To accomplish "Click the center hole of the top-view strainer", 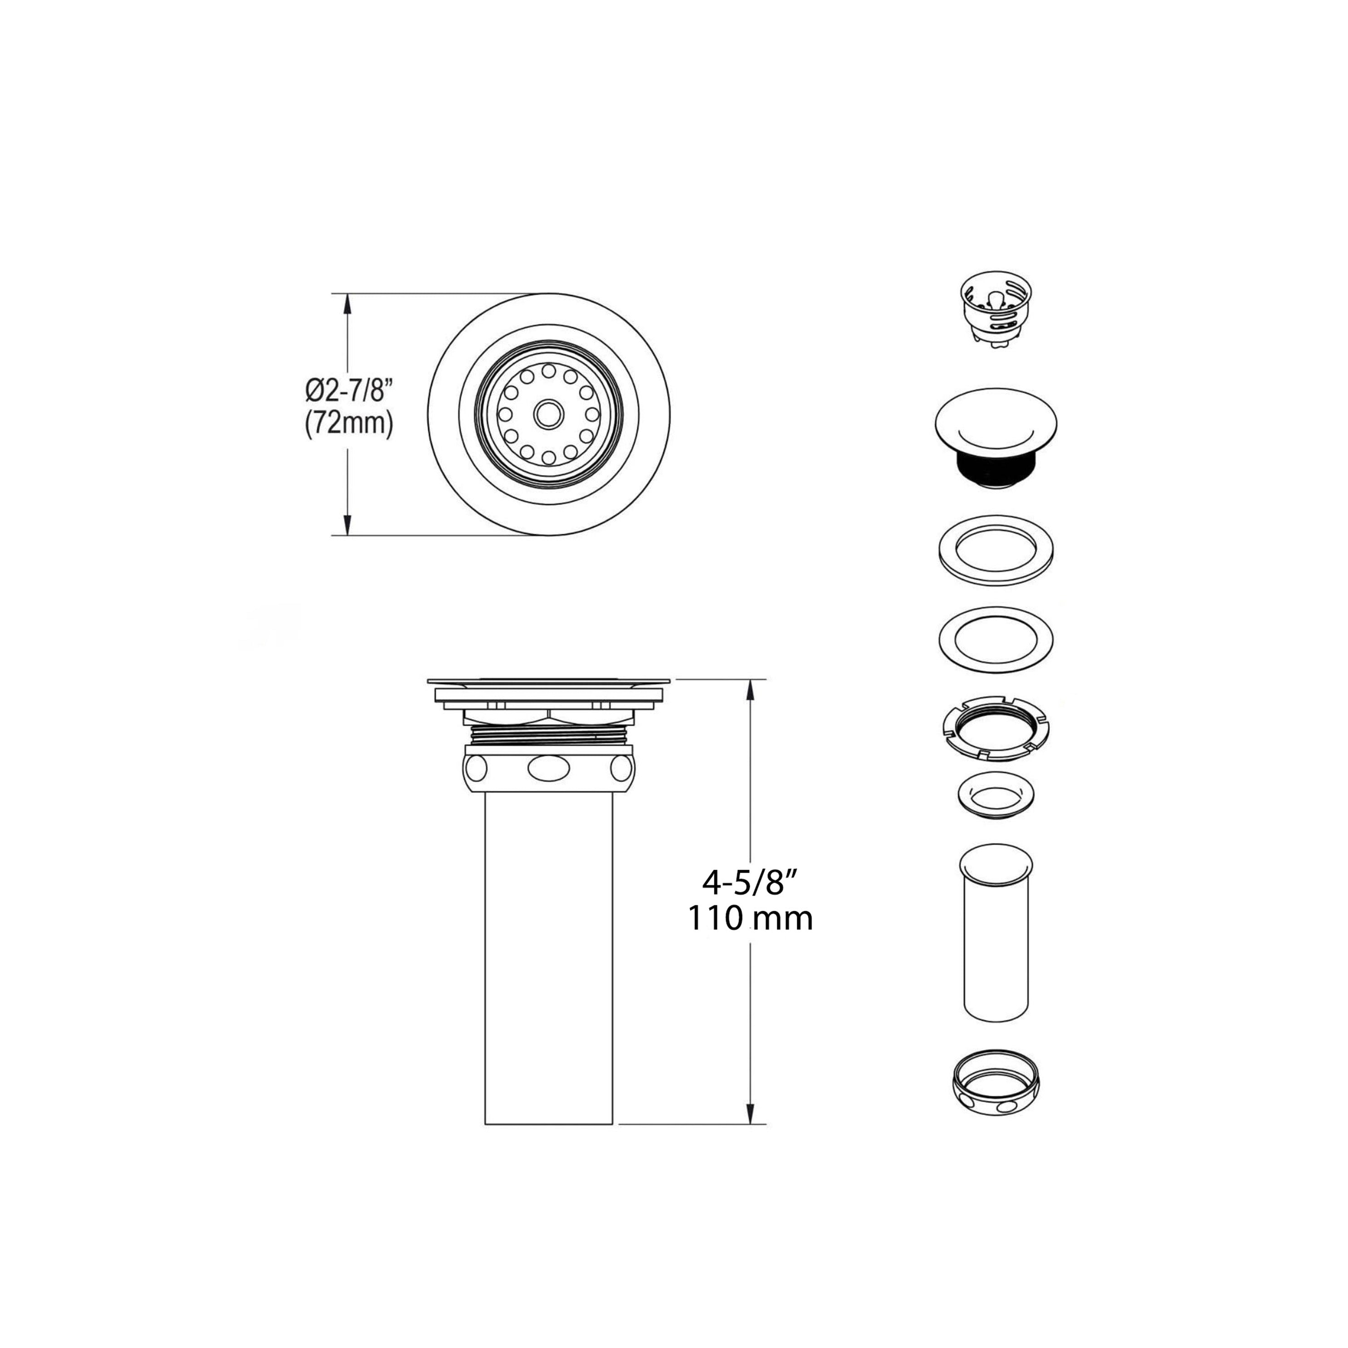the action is [x=548, y=414].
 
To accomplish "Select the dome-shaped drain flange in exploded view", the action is [x=995, y=438].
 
